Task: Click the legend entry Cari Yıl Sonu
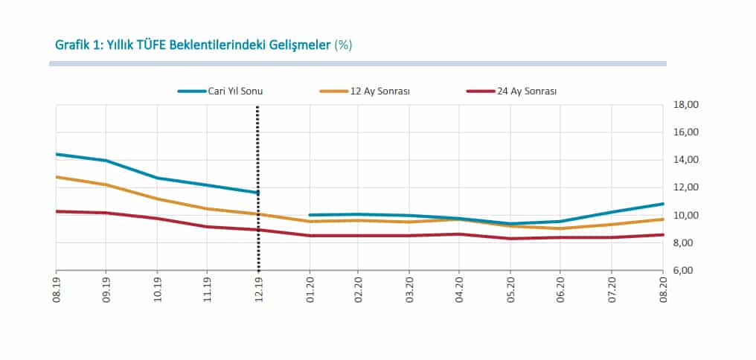(x=220, y=91)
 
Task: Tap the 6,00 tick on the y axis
(x=685, y=271)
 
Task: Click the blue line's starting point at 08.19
(x=57, y=154)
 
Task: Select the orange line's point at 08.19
(x=57, y=177)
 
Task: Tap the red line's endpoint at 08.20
(x=661, y=235)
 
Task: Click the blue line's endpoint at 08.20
(x=661, y=204)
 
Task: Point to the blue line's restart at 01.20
(x=310, y=215)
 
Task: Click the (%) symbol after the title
(x=343, y=45)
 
